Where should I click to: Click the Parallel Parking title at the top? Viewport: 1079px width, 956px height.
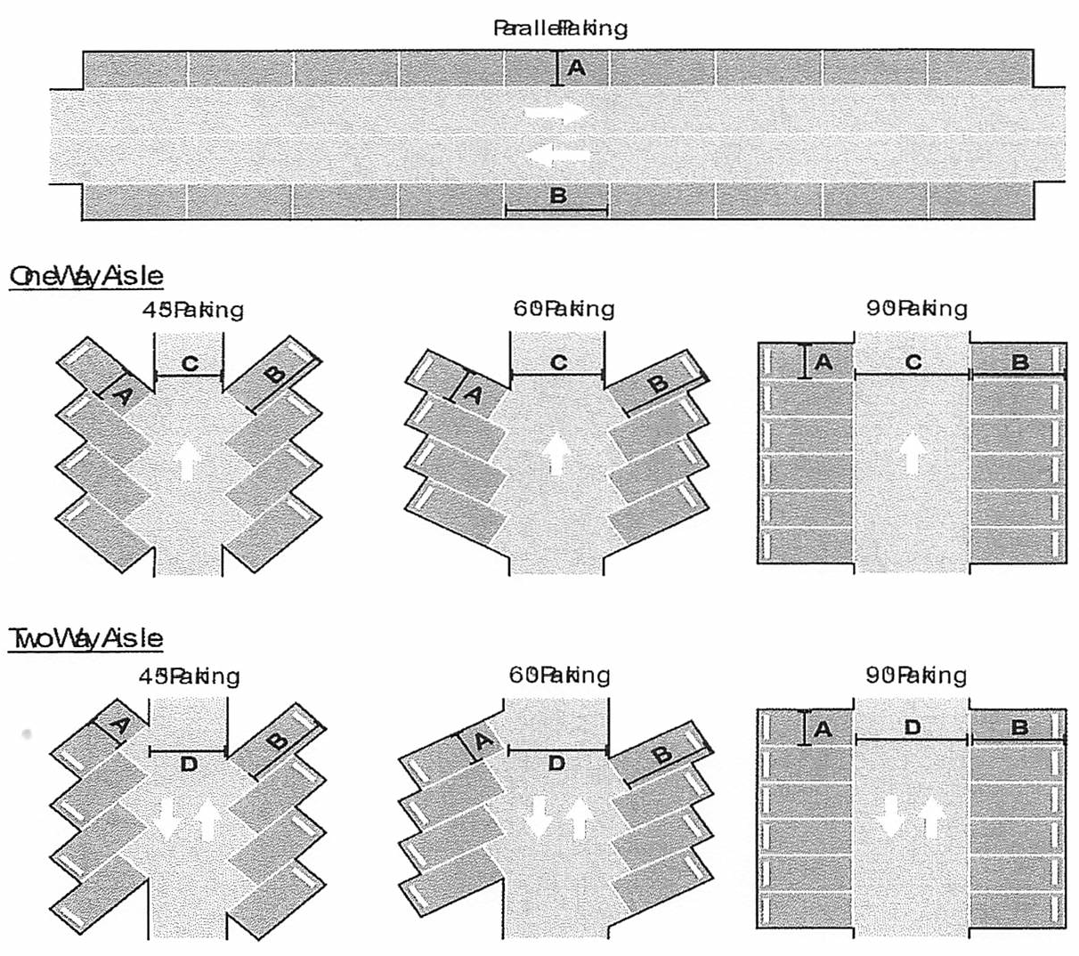(560, 28)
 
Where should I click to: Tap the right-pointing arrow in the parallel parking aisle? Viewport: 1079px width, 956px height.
(556, 112)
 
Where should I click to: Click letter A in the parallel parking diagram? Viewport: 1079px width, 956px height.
(577, 67)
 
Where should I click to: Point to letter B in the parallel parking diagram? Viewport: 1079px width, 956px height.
(558, 196)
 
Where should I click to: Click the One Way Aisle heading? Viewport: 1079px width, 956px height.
(86, 277)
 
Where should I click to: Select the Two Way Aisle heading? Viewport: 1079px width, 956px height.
(86, 638)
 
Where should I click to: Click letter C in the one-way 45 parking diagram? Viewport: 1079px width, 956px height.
(190, 362)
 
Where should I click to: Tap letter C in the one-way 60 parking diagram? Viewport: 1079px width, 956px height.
(558, 362)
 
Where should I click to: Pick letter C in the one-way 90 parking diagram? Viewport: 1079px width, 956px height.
(913, 362)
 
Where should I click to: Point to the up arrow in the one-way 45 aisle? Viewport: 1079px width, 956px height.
(188, 461)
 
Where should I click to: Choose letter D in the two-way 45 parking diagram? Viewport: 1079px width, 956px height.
(189, 764)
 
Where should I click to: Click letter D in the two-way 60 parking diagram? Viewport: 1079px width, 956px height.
(556, 763)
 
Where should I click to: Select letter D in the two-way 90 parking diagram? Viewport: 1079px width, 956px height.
(913, 727)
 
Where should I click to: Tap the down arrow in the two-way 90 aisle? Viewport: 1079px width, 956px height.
(892, 817)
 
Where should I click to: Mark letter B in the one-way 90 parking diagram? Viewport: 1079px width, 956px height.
(1020, 362)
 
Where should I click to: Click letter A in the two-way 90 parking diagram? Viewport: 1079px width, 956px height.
(823, 729)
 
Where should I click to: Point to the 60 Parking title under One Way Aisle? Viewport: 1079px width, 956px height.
(558, 310)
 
